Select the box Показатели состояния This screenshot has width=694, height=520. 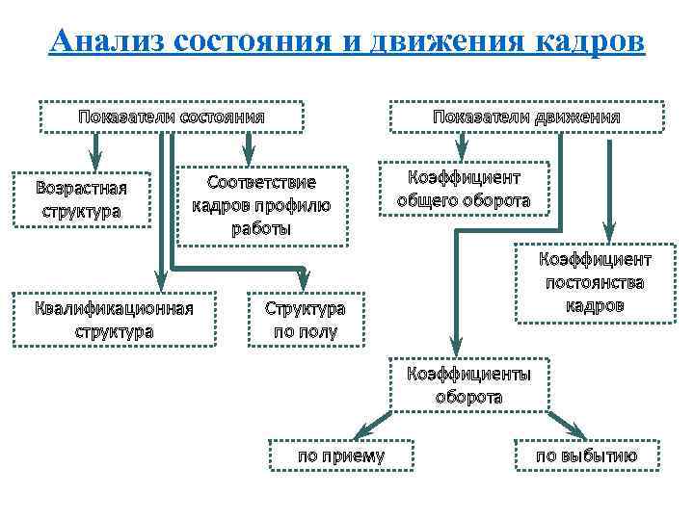pos(171,117)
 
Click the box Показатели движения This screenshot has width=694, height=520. pos(526,117)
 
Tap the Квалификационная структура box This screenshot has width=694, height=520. pos(114,319)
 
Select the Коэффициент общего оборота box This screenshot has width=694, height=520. pos(464,190)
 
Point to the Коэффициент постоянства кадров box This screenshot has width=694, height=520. pos(594,282)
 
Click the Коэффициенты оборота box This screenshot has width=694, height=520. pos(468,384)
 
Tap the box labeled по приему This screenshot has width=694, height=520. pos(341,455)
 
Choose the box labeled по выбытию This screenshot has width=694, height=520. pos(586,455)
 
